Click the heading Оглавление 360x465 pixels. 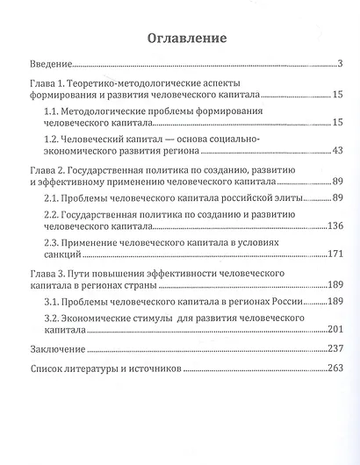(179, 38)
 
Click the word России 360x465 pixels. (282, 303)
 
